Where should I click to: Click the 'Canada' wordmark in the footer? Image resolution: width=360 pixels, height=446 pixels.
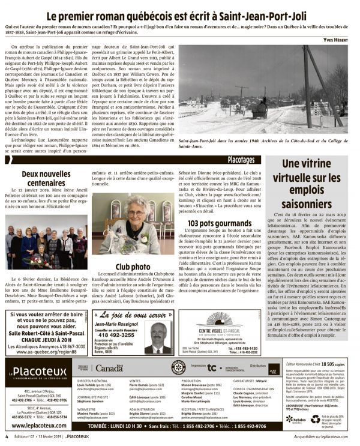point(109,368)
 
